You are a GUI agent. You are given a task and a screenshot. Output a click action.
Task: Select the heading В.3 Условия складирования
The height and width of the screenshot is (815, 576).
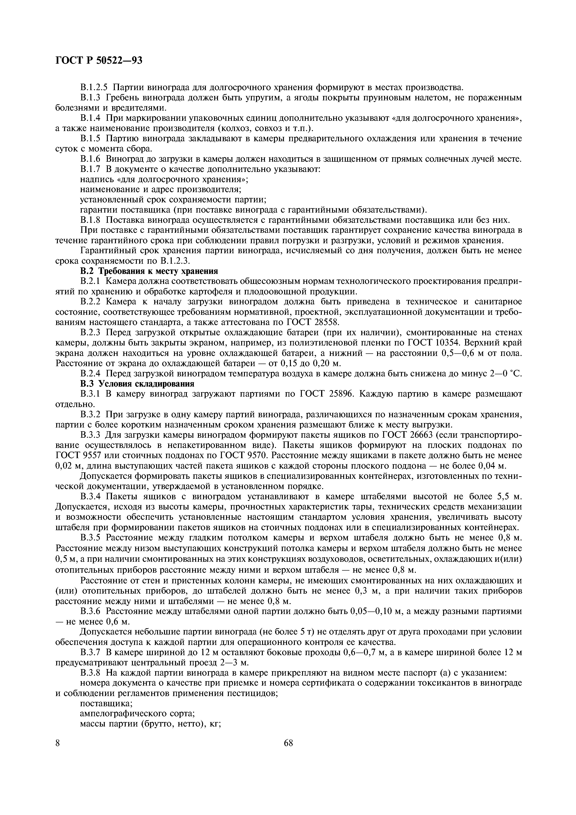coord(137,384)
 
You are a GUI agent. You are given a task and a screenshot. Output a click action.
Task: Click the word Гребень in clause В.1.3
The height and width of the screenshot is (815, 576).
coord(127,98)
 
